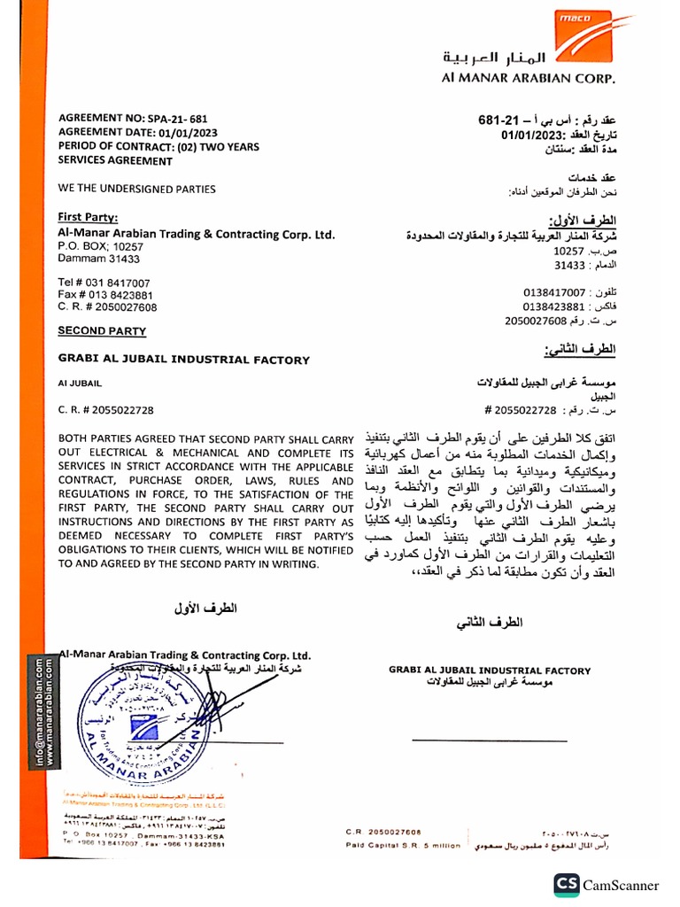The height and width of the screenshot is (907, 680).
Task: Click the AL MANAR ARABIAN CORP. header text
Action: [528, 77]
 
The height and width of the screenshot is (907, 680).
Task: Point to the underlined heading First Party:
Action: [88, 217]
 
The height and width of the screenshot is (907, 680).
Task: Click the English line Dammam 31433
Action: [99, 259]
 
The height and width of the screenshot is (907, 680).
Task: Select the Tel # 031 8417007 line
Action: [104, 283]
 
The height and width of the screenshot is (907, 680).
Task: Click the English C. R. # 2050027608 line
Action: [107, 307]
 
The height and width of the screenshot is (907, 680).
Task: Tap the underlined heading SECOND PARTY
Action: [102, 331]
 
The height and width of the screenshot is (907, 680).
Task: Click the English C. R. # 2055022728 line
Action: [105, 410]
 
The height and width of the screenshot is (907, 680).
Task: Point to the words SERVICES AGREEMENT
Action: [115, 161]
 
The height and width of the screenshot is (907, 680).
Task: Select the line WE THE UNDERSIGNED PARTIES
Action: [136, 189]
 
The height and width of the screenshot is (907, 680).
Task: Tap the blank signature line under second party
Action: [490, 740]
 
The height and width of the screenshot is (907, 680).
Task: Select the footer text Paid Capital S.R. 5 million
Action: [403, 846]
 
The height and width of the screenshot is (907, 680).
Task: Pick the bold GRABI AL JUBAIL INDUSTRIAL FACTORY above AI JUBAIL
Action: [183, 360]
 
